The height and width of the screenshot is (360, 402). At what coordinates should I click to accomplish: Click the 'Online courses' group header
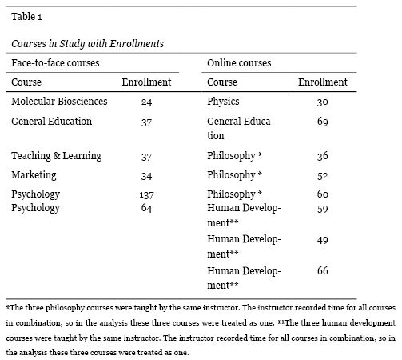click(239, 62)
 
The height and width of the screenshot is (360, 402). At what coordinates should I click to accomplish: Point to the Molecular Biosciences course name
click(59, 102)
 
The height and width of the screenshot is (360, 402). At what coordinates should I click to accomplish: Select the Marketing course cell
click(34, 174)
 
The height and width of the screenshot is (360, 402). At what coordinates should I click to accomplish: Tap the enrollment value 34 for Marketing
click(145, 174)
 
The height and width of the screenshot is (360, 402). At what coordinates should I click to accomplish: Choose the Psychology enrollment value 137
click(145, 194)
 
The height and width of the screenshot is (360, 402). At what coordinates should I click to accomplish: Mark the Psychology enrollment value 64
click(145, 208)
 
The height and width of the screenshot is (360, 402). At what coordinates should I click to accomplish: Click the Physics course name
click(223, 102)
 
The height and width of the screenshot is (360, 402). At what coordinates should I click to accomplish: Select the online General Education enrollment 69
click(323, 122)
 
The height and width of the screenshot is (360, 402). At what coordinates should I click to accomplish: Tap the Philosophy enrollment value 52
click(323, 174)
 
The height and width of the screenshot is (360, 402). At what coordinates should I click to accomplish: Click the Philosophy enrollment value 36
click(323, 154)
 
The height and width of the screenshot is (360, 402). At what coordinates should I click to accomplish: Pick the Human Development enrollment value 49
click(323, 239)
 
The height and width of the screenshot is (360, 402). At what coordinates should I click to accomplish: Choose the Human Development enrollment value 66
click(323, 271)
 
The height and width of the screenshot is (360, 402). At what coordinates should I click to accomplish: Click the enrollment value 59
click(323, 208)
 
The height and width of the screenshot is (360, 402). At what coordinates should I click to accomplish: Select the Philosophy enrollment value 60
click(323, 194)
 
